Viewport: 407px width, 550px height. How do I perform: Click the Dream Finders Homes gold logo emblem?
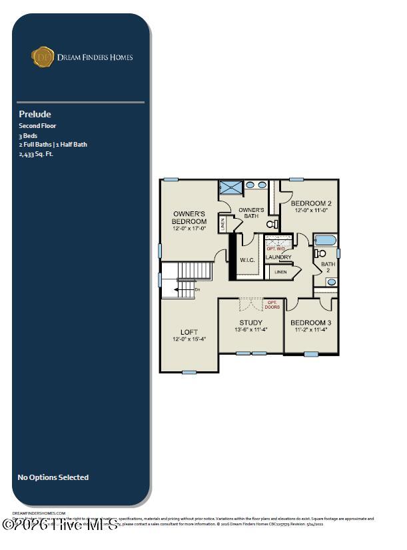pos(43,57)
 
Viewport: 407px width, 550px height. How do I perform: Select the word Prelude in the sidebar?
pos(35,114)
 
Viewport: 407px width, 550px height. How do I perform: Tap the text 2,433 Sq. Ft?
pos(36,153)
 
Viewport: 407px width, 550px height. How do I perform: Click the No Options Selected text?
pos(53,477)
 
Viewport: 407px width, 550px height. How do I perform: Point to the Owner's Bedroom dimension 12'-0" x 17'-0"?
pos(189,229)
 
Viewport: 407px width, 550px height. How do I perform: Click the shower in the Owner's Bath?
pos(230,187)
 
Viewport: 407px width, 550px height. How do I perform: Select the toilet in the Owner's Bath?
pos(272,207)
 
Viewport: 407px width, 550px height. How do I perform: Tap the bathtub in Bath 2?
pos(325,240)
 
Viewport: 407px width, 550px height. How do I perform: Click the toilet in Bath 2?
pos(319,253)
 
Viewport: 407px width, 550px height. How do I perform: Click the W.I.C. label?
pos(247,260)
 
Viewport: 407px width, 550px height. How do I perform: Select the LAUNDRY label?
pos(278,257)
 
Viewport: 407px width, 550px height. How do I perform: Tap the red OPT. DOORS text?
pos(272,305)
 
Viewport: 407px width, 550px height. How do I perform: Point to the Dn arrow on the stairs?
pos(197,289)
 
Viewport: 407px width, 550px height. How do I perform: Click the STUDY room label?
pos(251,323)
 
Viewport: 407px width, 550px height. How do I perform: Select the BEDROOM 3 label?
pos(311,323)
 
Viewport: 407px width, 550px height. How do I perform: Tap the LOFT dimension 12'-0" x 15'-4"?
pos(189,339)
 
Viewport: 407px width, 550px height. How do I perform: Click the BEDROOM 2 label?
pos(311,203)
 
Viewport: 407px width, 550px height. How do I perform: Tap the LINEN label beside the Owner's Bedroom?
pos(222,224)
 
